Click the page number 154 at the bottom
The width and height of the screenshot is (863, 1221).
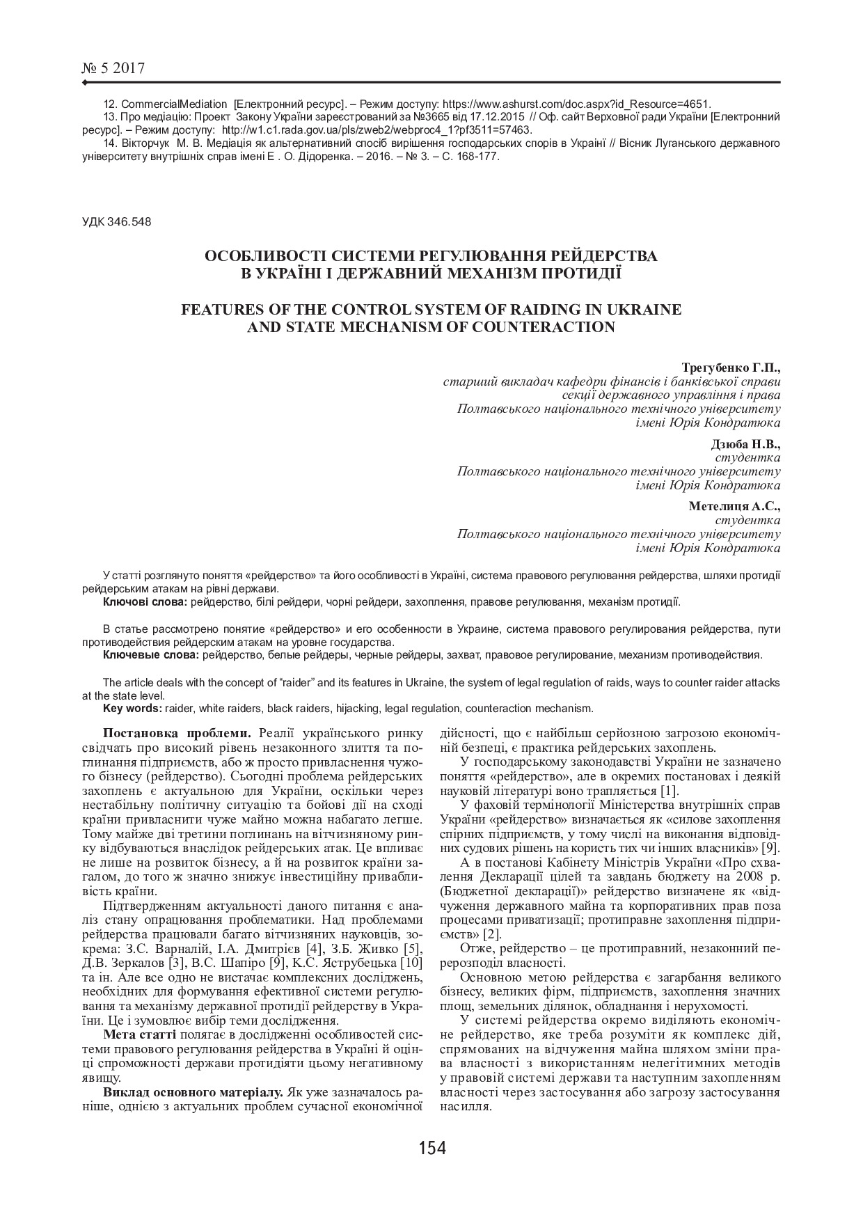[431, 1147]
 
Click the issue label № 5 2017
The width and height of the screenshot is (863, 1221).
[113, 68]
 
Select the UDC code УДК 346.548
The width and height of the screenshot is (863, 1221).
[116, 222]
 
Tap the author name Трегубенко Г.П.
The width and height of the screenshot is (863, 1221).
[731, 367]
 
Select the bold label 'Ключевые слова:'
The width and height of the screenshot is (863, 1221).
[150, 655]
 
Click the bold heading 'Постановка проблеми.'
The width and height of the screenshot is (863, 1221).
[177, 734]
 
